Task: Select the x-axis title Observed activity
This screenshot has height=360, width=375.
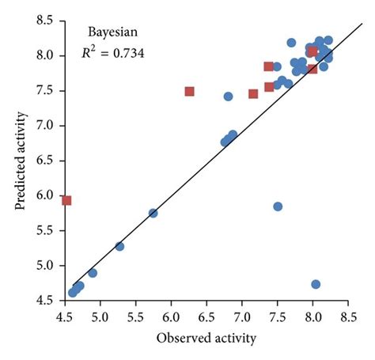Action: tap(205, 339)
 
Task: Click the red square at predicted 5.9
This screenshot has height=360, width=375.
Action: tap(66, 200)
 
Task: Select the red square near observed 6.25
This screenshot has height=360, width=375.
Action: tap(189, 91)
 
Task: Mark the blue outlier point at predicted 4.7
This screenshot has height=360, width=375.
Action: tap(316, 284)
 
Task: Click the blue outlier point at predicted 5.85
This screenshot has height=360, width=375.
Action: tap(278, 207)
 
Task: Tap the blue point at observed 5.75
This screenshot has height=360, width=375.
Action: tap(153, 213)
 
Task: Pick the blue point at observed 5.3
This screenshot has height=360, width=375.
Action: tap(119, 246)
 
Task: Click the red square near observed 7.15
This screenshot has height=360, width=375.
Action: tap(253, 93)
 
